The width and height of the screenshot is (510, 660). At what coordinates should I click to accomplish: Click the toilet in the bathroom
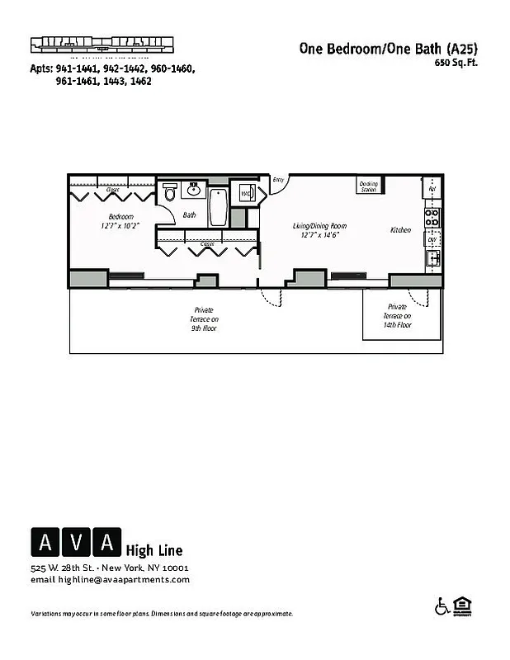[170, 193]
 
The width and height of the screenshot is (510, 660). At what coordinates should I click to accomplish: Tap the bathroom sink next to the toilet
[195, 191]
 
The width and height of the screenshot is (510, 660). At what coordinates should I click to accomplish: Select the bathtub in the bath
[218, 207]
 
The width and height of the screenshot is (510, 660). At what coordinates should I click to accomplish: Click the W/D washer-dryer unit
[246, 194]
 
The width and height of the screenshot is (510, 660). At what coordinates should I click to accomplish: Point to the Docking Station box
[368, 186]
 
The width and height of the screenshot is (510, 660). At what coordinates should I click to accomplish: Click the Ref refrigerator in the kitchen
[432, 189]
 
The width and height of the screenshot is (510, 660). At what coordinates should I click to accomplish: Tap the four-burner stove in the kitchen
[432, 217]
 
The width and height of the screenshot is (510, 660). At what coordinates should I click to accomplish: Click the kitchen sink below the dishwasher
[432, 259]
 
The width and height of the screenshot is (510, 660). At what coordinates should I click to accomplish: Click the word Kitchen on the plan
[400, 230]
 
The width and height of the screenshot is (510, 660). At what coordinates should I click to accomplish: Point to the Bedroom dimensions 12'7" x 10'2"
[120, 225]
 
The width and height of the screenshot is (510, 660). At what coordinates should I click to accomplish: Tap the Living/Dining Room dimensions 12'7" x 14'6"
[319, 234]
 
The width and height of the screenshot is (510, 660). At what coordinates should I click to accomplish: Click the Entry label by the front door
[278, 180]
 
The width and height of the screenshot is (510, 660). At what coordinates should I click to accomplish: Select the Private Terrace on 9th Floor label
[205, 318]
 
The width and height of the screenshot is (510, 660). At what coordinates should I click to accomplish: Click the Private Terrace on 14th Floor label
[397, 315]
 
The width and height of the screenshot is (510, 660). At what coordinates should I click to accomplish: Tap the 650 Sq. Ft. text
[456, 63]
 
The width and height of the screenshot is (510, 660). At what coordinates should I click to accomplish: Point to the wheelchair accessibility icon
[442, 607]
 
